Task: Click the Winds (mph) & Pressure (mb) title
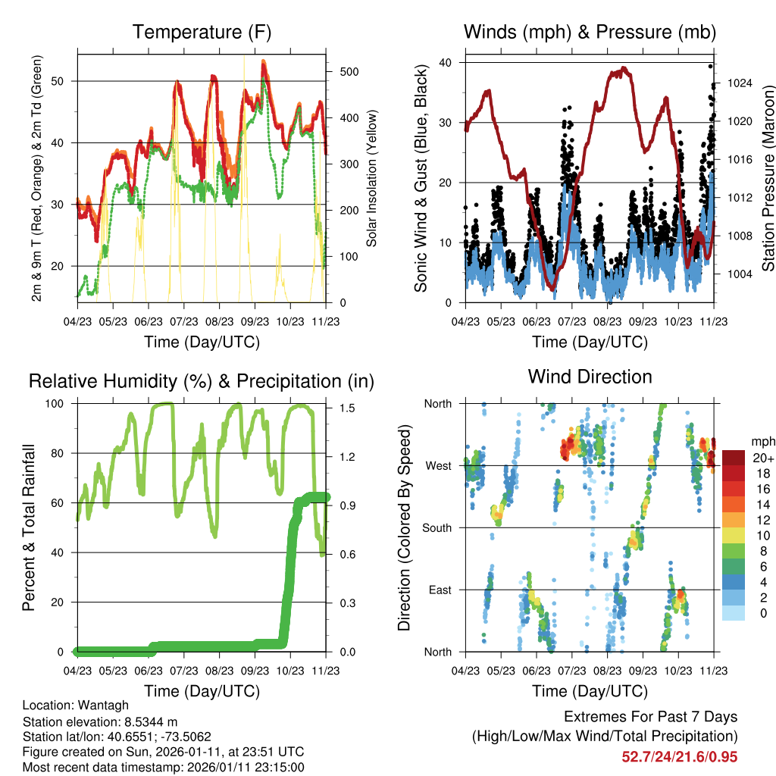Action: click(x=590, y=32)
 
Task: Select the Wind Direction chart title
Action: click(x=590, y=377)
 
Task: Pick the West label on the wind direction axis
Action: click(x=438, y=465)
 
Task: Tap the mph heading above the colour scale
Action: click(x=762, y=441)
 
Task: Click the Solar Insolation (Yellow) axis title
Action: click(x=371, y=179)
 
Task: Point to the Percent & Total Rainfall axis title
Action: click(x=29, y=527)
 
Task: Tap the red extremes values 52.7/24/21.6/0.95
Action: click(x=679, y=757)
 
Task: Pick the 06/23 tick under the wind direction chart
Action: click(x=537, y=671)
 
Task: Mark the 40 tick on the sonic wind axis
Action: click(x=445, y=63)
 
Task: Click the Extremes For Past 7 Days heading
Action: click(x=650, y=717)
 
